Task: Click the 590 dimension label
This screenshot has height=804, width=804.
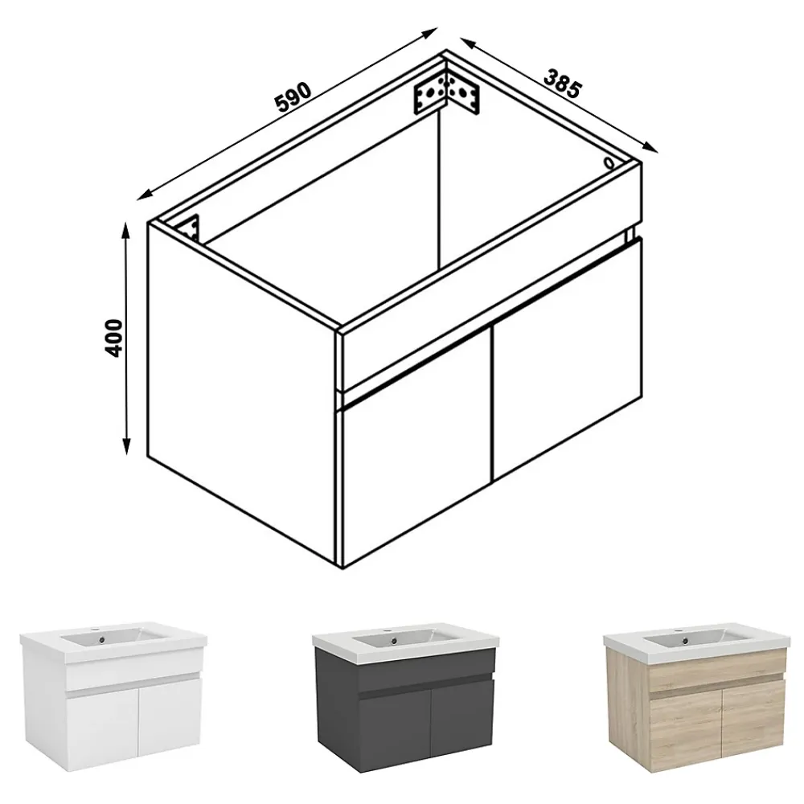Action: point(293,97)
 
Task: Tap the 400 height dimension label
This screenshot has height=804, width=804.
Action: point(114,338)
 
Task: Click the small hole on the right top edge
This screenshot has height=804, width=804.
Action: point(609,163)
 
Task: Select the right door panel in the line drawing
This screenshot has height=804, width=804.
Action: point(567,359)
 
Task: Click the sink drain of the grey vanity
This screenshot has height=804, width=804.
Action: point(393,640)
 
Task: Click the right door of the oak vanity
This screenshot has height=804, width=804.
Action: point(753,722)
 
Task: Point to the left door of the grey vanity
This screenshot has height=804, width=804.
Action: point(395,729)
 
